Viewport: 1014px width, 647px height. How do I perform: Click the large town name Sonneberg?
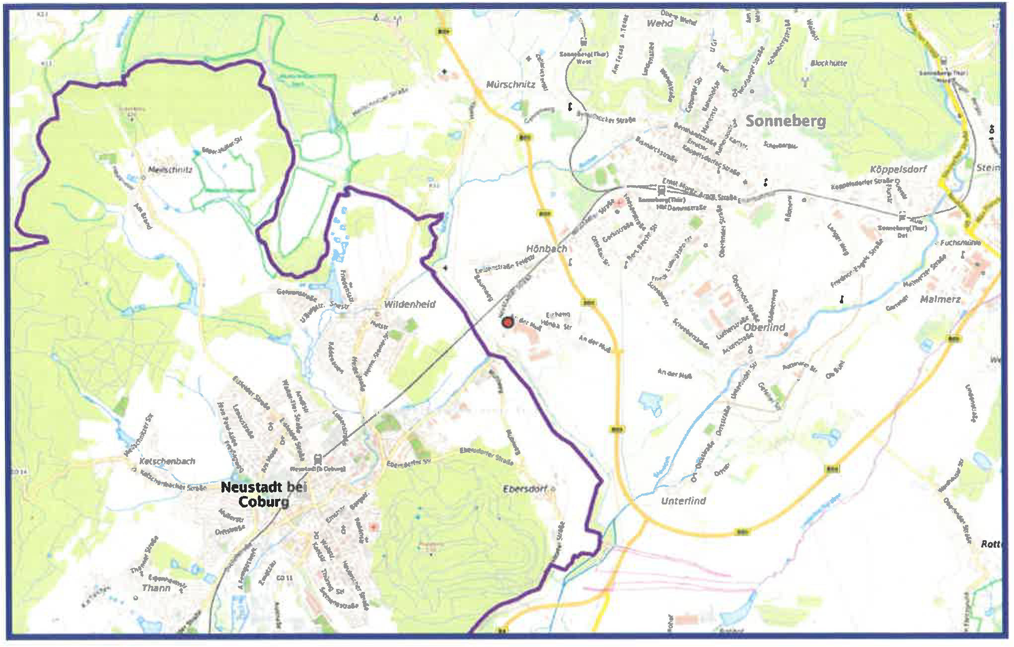pos(786,121)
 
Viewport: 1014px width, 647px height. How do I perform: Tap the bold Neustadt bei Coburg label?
pos(264,495)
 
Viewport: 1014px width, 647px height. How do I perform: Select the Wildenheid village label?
pos(410,304)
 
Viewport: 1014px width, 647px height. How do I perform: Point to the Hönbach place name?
pos(547,248)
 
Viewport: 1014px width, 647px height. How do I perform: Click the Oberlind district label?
pos(764,327)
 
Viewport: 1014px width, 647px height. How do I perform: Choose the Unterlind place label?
pos(683,501)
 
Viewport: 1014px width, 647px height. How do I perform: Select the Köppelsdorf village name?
pos(898,169)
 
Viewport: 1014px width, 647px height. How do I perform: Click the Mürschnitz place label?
pos(510,84)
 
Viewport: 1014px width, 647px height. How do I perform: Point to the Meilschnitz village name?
pos(170,169)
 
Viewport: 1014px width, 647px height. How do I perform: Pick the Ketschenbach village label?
pos(167,461)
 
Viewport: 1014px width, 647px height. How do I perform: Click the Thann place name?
pos(156,587)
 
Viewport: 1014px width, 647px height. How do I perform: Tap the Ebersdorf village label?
pos(525,489)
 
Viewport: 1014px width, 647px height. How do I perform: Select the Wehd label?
pos(660,23)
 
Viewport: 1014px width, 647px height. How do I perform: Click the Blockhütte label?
pos(828,63)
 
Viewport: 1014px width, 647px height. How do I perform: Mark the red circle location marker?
pos(507,323)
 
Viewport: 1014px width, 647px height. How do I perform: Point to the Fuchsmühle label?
pos(960,243)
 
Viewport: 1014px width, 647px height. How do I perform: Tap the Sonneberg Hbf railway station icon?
pos(661,190)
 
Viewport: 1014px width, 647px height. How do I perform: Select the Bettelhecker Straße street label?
pos(606,117)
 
